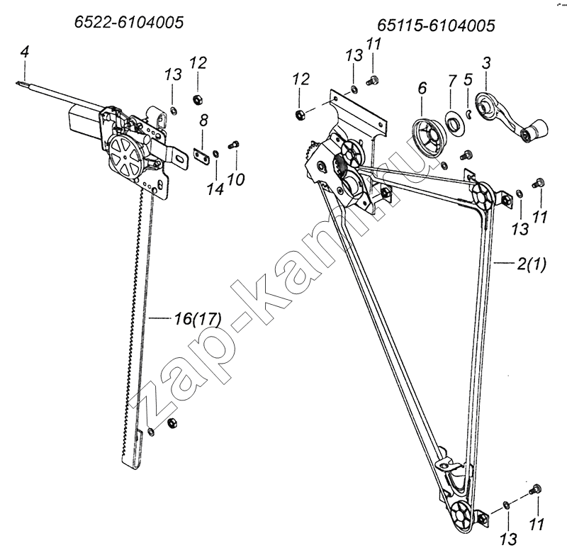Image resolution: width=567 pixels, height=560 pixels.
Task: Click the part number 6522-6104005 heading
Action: point(129,23)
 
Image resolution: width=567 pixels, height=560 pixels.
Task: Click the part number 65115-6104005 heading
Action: point(436,26)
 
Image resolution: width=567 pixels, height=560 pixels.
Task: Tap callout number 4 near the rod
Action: point(25,52)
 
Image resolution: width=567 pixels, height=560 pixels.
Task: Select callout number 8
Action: point(204,120)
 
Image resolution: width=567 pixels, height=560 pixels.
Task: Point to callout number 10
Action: point(236,179)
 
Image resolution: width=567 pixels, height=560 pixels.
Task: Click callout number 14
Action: point(215,189)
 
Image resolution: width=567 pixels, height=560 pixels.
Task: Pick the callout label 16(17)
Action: point(198,319)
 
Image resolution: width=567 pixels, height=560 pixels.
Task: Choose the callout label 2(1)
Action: point(532,264)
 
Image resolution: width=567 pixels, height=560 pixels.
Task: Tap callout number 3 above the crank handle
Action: point(486,63)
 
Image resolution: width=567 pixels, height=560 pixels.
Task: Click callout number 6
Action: point(422,88)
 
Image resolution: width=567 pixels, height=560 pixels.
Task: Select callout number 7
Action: point(452,81)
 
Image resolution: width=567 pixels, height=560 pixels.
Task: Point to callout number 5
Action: point(468,79)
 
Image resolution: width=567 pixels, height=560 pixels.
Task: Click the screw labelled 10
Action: point(234,145)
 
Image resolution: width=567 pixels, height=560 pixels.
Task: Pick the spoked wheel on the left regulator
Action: point(125,157)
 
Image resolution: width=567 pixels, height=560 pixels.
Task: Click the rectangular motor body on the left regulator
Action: point(84,121)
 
